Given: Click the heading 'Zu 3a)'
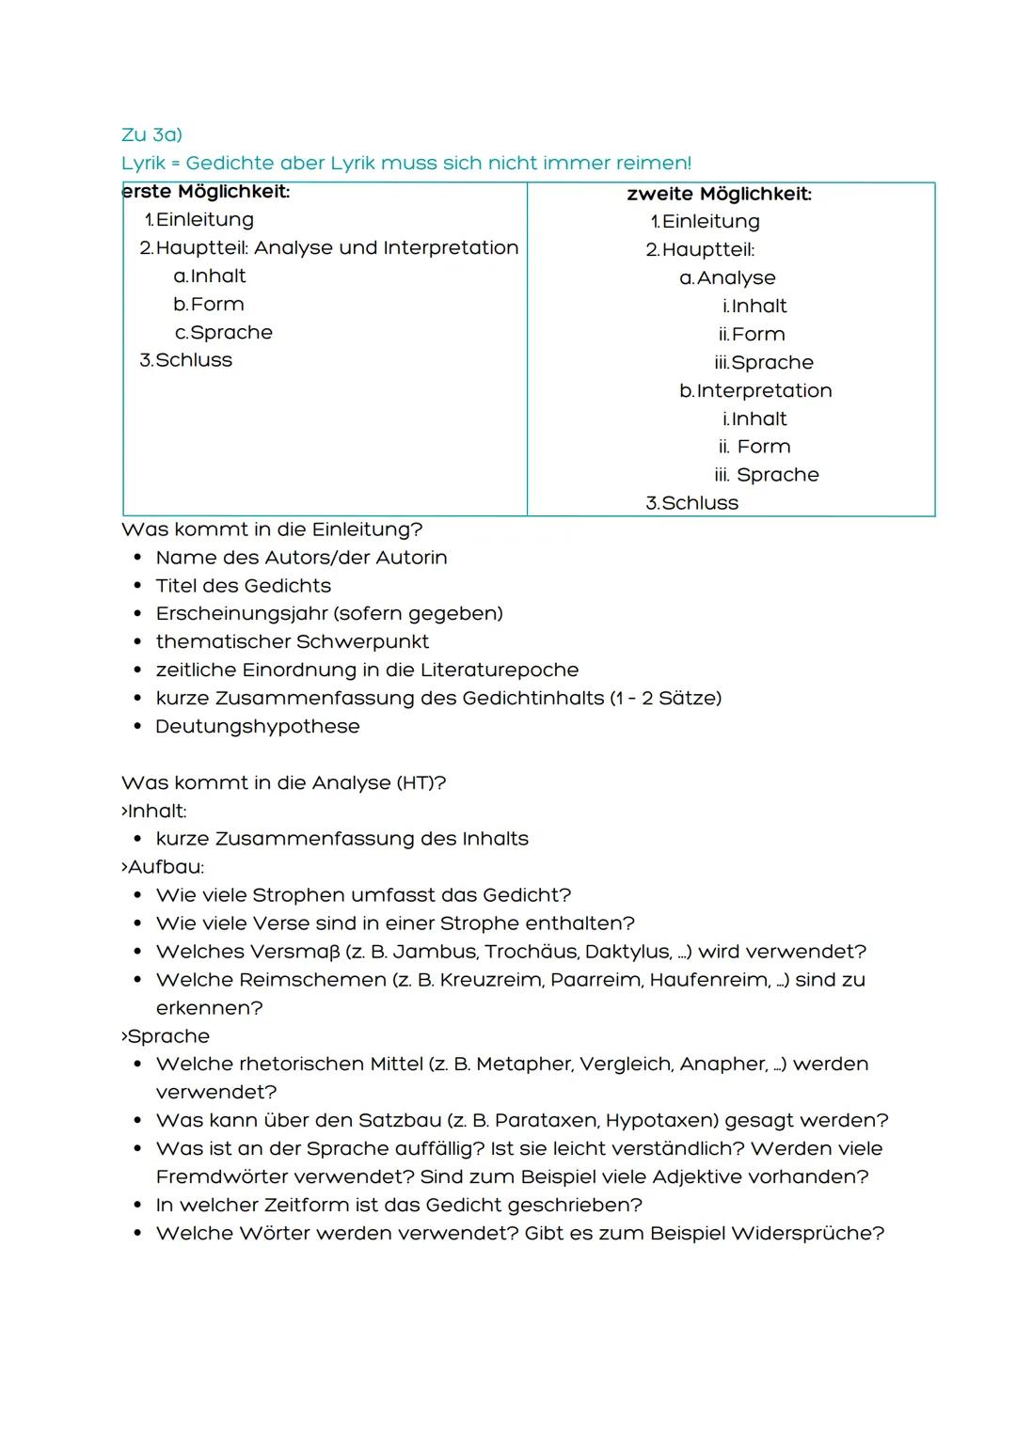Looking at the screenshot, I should click(x=151, y=134).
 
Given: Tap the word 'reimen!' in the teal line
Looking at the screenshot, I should click(x=653, y=163).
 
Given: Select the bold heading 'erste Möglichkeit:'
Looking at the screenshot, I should click(x=206, y=191).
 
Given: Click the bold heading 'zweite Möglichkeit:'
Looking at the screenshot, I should click(x=719, y=194).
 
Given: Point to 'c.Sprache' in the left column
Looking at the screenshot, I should click(x=224, y=332).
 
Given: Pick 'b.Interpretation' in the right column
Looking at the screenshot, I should click(x=755, y=390).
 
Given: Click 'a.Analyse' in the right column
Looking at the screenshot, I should click(x=727, y=277).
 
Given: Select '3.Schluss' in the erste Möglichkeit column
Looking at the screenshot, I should click(x=185, y=360).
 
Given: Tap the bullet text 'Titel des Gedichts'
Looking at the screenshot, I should click(x=243, y=585).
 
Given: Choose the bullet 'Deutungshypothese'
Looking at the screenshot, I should click(x=257, y=726).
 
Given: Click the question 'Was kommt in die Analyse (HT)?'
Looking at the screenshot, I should click(x=283, y=782).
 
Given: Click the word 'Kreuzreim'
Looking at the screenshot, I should click(x=491, y=979).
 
